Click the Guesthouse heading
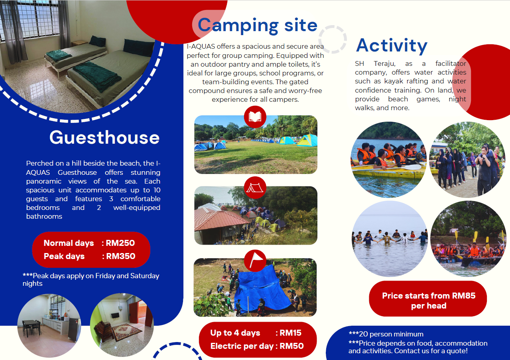[x=104, y=138]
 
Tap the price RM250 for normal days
[x=120, y=243]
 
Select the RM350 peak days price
[x=121, y=256]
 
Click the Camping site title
[x=258, y=26]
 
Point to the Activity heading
[x=392, y=45]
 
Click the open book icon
[x=255, y=117]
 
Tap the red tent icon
[x=255, y=188]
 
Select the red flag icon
[x=255, y=261]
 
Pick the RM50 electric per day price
[x=291, y=346]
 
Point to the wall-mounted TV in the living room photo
[x=115, y=316]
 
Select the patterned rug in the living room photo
[x=126, y=331]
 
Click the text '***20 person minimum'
[x=386, y=334]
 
